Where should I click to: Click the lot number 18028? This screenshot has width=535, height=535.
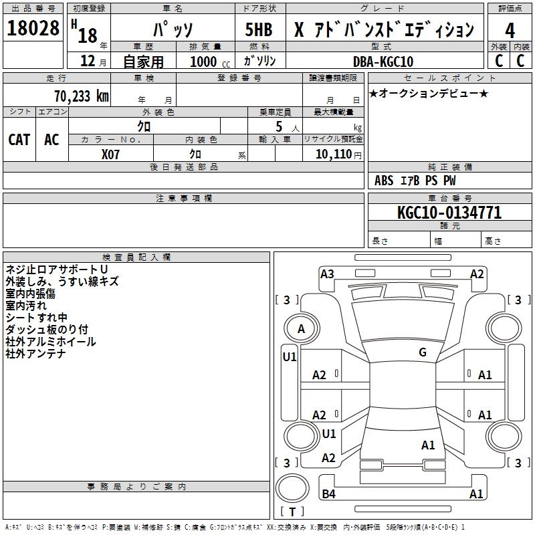33,29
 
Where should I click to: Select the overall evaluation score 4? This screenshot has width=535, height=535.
510,30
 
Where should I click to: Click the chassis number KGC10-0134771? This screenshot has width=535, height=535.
449,213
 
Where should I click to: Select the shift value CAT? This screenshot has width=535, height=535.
19,139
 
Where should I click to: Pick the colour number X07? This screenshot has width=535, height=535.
111,154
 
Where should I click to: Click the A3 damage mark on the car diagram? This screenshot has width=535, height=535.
327,274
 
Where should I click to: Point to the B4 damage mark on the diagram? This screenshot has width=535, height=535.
328,494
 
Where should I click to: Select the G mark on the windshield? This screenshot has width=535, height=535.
422,352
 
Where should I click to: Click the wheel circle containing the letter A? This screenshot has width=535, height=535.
301,328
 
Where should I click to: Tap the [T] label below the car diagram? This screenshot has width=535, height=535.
292,512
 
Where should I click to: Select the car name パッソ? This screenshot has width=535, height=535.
172,30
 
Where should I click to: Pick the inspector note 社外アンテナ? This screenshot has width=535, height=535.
35,354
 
